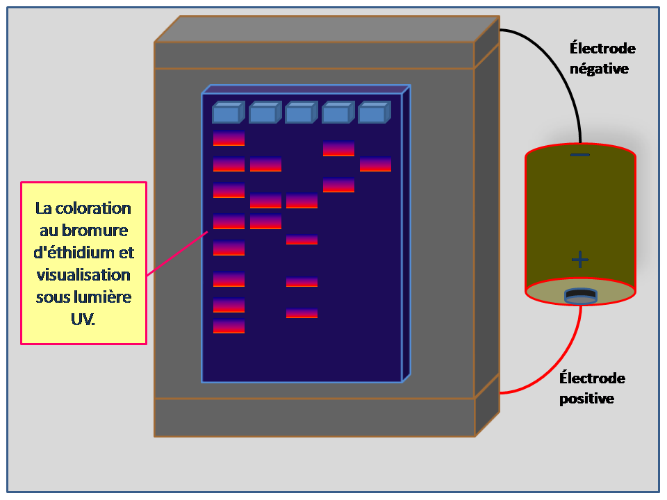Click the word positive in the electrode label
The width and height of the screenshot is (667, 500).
click(x=586, y=399)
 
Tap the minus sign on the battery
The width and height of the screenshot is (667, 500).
click(x=580, y=155)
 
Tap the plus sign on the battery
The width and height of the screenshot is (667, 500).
click(x=580, y=260)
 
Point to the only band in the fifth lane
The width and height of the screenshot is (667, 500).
click(x=375, y=165)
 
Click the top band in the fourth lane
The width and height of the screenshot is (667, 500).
click(x=338, y=149)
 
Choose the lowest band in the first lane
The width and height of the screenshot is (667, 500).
click(x=229, y=326)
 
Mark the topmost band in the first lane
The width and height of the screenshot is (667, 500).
click(x=229, y=138)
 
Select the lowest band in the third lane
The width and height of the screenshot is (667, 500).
click(x=302, y=313)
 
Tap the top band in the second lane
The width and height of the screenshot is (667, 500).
click(x=265, y=165)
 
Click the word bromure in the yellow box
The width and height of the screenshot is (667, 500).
click(x=84, y=231)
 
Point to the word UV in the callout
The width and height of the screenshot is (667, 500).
click(x=83, y=320)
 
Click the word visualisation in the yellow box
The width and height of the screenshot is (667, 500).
click(x=84, y=276)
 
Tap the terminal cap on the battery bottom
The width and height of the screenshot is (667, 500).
click(x=580, y=297)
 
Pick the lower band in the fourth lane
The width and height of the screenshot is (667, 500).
click(x=338, y=185)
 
